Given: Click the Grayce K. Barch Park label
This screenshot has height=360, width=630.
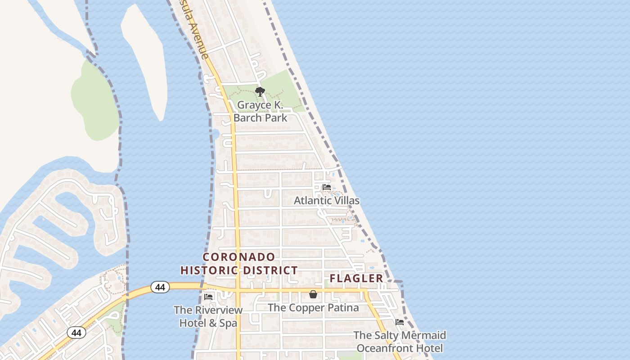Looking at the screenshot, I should point(260,111).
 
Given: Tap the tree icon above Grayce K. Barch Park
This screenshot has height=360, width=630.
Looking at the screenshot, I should point(260,92).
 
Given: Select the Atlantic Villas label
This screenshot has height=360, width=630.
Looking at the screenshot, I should point(327,200).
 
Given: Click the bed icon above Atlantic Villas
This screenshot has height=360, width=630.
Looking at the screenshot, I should point(327,187).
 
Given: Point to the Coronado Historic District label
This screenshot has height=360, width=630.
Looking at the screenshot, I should point(239,264).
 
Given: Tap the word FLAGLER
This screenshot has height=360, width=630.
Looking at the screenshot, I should point(356,279).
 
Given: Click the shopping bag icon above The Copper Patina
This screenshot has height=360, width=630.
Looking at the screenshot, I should point(313,294).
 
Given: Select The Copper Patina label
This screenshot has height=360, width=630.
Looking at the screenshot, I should point(313,308).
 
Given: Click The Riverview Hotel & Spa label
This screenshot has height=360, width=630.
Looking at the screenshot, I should point(208,316).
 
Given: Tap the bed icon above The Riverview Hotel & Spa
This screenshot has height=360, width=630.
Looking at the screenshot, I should point(208,297).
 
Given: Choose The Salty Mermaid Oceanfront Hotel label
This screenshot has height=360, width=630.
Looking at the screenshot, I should point(400,342).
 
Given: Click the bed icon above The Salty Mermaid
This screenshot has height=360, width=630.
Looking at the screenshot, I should point(399,322).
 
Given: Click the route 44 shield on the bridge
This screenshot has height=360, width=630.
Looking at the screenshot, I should point(160,287).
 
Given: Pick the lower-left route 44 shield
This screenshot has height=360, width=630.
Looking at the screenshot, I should point(76,333).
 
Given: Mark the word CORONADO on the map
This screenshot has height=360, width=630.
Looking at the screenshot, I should point(239,257).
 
